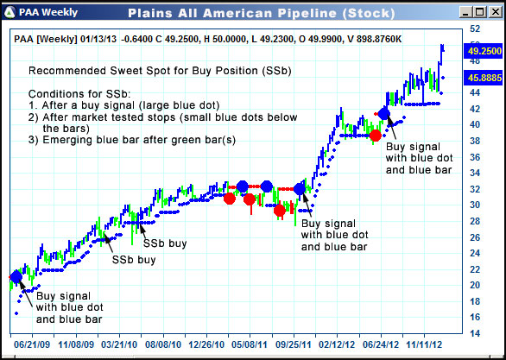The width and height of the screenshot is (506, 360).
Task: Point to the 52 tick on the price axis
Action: coord(473,28)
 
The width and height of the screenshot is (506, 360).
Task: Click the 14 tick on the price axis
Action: coord(473,333)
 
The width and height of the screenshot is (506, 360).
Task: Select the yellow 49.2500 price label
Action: coord(484,51)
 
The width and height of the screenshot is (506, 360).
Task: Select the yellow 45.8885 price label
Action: coord(484,78)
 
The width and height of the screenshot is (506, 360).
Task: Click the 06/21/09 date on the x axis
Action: coord(31,343)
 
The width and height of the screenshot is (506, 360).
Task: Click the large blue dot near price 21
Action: coord(16,277)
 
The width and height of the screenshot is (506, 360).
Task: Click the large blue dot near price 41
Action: coord(384,114)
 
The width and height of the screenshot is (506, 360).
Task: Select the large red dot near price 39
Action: coord(375,136)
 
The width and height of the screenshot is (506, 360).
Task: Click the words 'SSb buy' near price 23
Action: coord(133,259)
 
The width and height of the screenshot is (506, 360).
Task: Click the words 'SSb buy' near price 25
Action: coord(165,243)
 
